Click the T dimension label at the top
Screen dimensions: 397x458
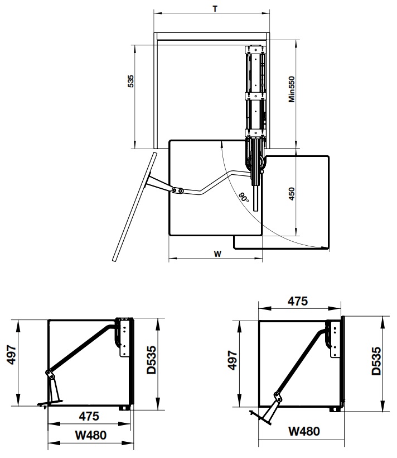click(x=215, y=9)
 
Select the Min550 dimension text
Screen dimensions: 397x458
click(x=292, y=89)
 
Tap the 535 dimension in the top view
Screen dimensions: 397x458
click(x=130, y=81)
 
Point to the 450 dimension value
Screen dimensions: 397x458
click(x=292, y=194)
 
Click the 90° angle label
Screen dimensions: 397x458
click(x=244, y=197)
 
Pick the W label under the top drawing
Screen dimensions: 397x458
click(x=217, y=254)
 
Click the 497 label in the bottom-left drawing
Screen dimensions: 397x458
click(x=12, y=355)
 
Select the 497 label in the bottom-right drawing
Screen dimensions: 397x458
click(x=233, y=360)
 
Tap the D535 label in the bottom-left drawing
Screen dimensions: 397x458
click(x=152, y=360)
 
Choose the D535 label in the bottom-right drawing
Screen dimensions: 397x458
click(x=376, y=361)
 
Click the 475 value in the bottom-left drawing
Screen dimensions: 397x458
click(x=89, y=416)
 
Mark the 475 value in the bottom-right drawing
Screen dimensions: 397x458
click(x=298, y=301)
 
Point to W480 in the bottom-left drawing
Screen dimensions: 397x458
click(x=91, y=435)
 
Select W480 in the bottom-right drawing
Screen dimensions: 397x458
click(x=304, y=431)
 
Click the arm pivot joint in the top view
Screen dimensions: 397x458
click(x=177, y=190)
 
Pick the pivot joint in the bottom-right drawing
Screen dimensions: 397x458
click(x=278, y=397)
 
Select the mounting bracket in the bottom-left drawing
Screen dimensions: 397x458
click(x=124, y=337)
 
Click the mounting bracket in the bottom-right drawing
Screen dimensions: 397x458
click(x=335, y=339)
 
